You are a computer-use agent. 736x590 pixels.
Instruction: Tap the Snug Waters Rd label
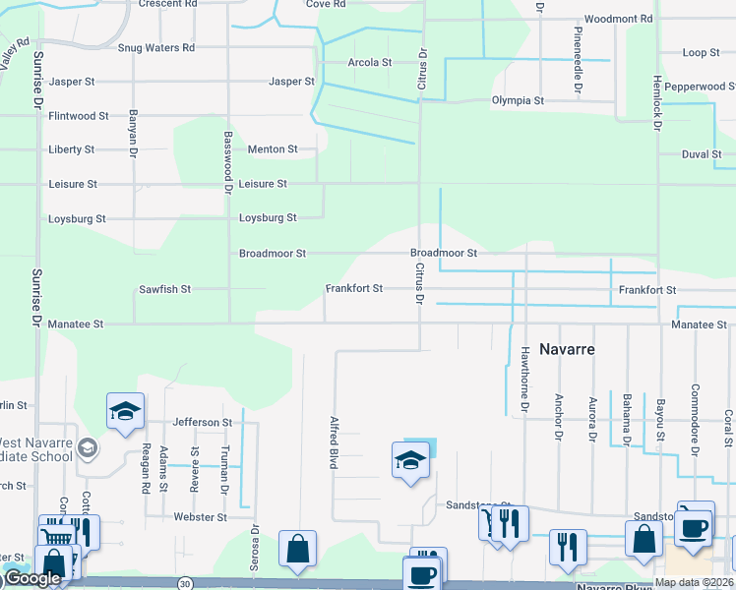click(156, 47)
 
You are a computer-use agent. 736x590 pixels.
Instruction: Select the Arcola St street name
click(370, 62)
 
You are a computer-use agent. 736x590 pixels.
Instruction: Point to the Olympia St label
click(518, 100)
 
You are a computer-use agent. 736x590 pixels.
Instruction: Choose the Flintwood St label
click(79, 116)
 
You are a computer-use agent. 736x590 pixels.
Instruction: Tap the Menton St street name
click(273, 149)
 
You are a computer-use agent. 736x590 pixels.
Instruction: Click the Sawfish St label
click(164, 290)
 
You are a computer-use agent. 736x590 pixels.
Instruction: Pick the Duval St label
click(703, 154)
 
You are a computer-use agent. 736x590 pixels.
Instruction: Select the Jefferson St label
click(202, 422)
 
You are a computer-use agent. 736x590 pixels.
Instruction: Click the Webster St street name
click(200, 516)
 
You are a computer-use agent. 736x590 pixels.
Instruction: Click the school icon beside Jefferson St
click(125, 411)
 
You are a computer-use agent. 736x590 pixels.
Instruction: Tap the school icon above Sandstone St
click(410, 459)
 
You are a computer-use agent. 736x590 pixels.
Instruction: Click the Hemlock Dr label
click(655, 103)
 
